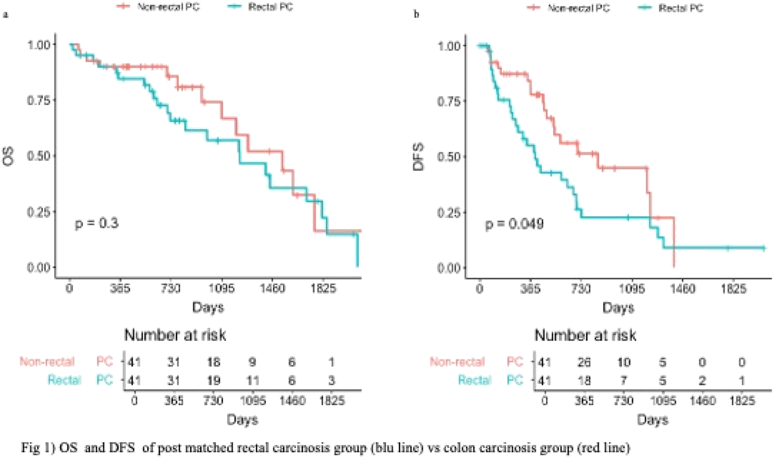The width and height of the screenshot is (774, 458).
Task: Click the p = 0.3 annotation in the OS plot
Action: point(96,224)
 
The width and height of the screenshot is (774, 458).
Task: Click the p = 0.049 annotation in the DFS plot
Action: point(514,224)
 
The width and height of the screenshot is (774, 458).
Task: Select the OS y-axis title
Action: point(9,156)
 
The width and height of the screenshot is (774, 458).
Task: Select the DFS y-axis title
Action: point(418,157)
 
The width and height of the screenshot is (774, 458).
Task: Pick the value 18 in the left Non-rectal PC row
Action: point(213,362)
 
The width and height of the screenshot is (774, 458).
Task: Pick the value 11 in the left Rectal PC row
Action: point(253,381)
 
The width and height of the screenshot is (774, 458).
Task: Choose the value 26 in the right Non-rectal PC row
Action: point(584,362)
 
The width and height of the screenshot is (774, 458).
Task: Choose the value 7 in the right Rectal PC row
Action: point(623,381)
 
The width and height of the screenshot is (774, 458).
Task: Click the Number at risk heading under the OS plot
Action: point(175,335)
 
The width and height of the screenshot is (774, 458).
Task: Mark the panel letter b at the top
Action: point(417,15)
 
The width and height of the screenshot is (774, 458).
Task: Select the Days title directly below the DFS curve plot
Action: point(618,308)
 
